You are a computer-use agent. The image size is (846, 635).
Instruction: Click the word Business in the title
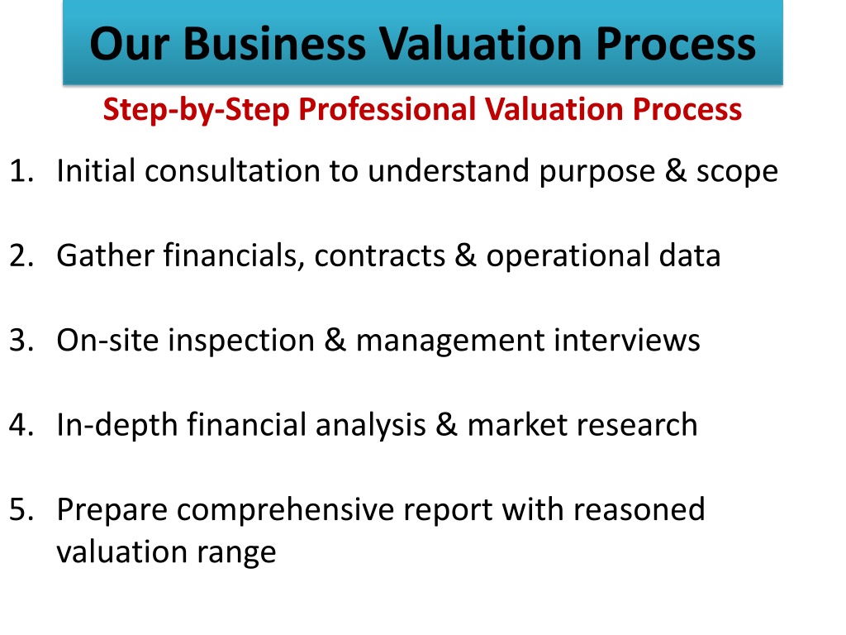[274, 44]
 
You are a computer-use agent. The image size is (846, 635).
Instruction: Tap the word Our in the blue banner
[130, 44]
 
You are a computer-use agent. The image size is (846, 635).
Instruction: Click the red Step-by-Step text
[197, 110]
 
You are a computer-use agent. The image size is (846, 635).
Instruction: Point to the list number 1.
[21, 170]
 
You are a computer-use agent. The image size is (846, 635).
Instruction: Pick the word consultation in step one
[232, 170]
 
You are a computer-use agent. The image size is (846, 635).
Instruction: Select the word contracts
[380, 256]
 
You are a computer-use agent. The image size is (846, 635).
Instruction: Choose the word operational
[568, 256]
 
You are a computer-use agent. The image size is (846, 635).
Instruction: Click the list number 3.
[21, 340]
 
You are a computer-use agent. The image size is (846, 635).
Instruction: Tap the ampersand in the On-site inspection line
[335, 340]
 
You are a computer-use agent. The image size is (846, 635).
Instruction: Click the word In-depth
[117, 426]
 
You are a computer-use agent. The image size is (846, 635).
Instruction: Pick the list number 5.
[21, 509]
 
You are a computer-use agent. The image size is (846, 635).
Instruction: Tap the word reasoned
[639, 509]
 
